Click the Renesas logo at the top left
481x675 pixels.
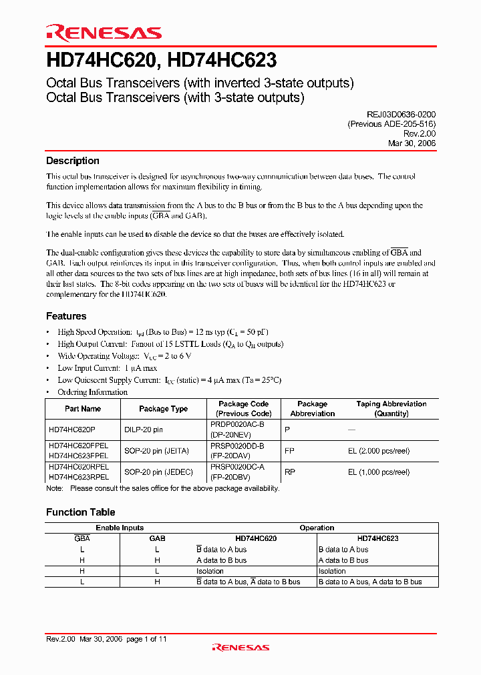point(104,32)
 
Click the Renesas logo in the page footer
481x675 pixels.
point(240,647)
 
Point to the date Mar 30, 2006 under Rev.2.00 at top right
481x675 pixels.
point(412,143)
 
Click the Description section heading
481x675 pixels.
point(73,161)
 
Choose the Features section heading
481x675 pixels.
point(66,316)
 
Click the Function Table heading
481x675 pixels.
point(80,512)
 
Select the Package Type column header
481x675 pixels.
point(163,409)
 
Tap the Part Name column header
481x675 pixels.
point(83,409)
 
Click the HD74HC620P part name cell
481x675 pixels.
point(72,430)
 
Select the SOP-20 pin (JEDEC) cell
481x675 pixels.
point(158,472)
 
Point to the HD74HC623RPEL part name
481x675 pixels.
point(79,477)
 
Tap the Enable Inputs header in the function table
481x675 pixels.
point(120,528)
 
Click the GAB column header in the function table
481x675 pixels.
point(157,538)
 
